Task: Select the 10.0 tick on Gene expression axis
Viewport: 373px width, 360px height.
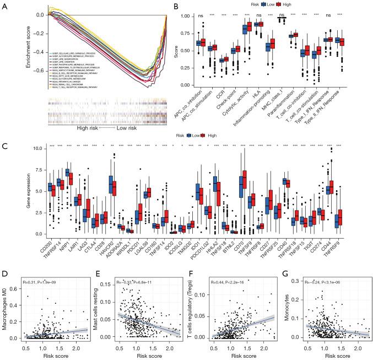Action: point(23,149)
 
